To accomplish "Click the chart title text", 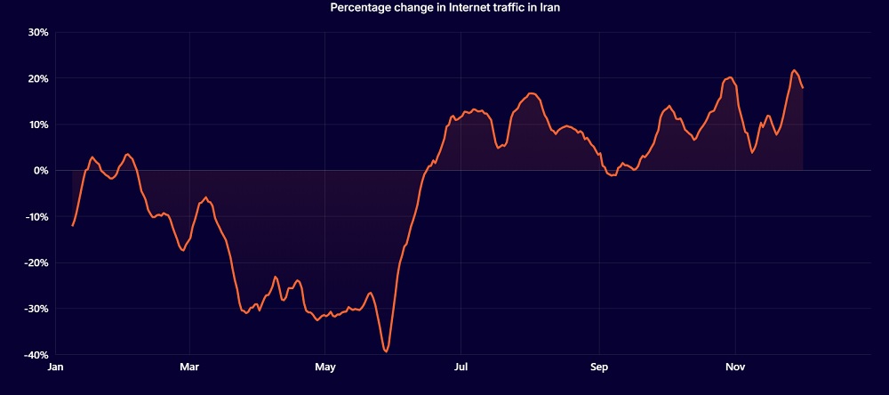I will pyautogui.click(x=445, y=8).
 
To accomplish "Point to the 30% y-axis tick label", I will pyautogui.click(x=39, y=32).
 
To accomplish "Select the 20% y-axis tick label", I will pyautogui.click(x=39, y=78).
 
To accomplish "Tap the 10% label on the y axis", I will pyautogui.click(x=39, y=125).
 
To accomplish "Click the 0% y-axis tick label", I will pyautogui.click(x=42, y=171).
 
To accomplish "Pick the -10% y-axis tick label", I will pyautogui.click(x=37, y=217).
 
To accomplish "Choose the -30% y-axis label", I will pyautogui.click(x=37, y=309).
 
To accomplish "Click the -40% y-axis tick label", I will pyautogui.click(x=37, y=355).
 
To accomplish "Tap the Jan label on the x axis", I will pyautogui.click(x=55, y=367).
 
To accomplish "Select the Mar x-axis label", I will pyautogui.click(x=189, y=367).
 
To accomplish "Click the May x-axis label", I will pyautogui.click(x=325, y=367).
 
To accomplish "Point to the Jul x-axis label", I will pyautogui.click(x=461, y=367).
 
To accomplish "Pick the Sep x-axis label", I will pyautogui.click(x=599, y=367).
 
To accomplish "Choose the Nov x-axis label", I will pyautogui.click(x=734, y=367).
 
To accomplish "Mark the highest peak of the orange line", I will pyautogui.click(x=794, y=70).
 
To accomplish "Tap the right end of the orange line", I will pyautogui.click(x=803, y=87).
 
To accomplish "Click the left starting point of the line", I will pyautogui.click(x=72, y=226).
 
